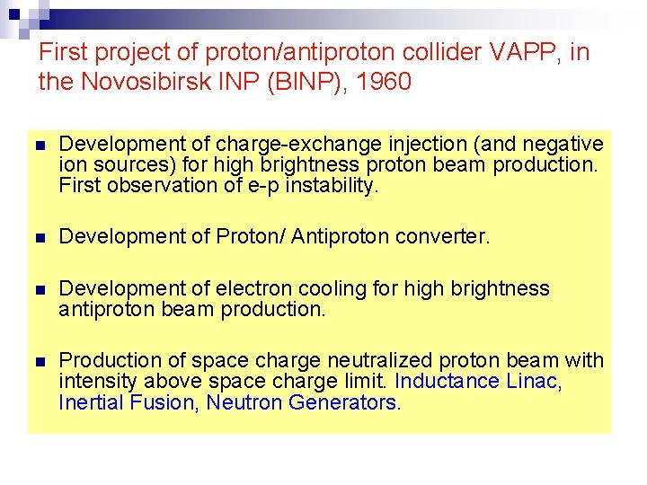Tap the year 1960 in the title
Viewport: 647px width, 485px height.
[x=384, y=83]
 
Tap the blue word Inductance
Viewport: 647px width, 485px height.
[x=447, y=381]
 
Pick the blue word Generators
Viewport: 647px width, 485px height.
[x=342, y=402]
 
